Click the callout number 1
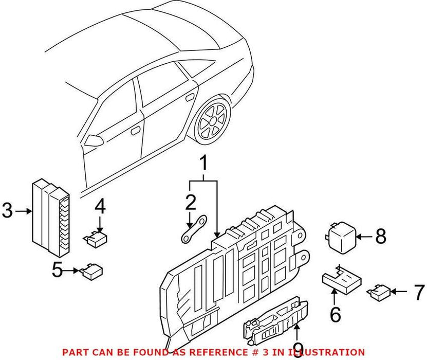pyautogui.click(x=203, y=164)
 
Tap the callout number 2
pyautogui.click(x=191, y=202)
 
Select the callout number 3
pyautogui.click(x=7, y=210)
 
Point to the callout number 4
pyautogui.click(x=100, y=207)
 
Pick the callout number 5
pyautogui.click(x=59, y=270)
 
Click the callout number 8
pyautogui.click(x=380, y=237)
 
